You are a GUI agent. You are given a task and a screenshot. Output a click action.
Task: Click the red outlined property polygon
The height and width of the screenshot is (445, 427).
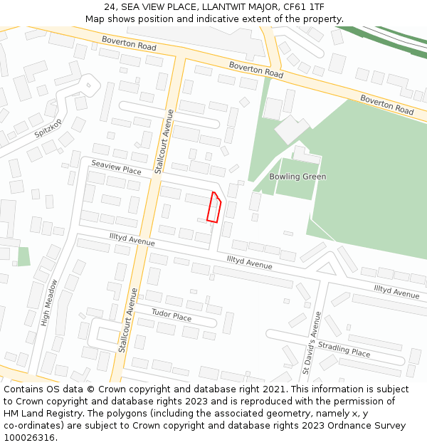point(213,208)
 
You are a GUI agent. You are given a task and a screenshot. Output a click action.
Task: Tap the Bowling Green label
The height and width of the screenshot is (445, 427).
point(297,177)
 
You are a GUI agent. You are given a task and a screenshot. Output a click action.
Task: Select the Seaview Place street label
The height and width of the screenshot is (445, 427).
point(116,167)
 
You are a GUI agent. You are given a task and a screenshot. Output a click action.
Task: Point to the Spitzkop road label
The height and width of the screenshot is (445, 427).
point(48,129)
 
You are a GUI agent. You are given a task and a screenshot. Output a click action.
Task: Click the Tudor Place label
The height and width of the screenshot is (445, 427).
point(172,314)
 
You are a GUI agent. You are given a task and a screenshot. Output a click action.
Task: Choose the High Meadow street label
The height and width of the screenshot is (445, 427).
point(48,303)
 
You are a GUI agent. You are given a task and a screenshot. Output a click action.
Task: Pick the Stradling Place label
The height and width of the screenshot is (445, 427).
point(344,348)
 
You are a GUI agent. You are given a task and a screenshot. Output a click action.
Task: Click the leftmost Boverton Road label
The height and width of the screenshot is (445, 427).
point(129,43)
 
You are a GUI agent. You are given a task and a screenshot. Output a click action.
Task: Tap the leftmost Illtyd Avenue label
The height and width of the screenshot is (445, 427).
point(132,241)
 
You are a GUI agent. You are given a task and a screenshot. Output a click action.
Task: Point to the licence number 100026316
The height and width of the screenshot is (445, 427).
point(29,437)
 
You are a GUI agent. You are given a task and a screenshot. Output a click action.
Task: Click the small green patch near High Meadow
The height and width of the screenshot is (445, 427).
point(24,256)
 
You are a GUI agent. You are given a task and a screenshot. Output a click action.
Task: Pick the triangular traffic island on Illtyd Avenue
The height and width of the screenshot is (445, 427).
point(326,269)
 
